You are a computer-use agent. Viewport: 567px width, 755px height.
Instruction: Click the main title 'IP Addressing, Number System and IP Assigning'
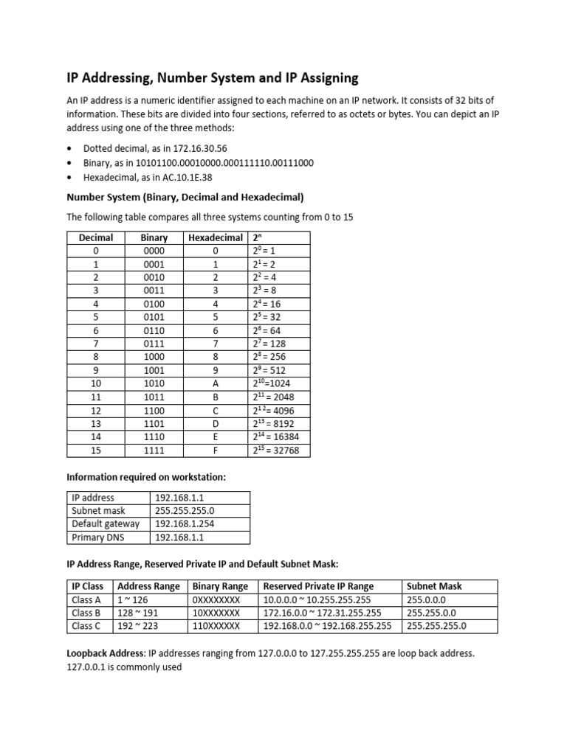coord(213,77)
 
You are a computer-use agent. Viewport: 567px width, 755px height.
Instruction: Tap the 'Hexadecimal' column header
coord(216,237)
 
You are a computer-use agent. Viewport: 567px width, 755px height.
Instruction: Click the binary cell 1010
coord(154,383)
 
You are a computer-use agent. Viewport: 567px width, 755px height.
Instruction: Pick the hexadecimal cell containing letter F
coord(216,450)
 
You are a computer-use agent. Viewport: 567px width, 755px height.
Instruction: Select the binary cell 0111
coord(154,344)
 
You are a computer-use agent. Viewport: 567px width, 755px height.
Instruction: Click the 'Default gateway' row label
coord(106,524)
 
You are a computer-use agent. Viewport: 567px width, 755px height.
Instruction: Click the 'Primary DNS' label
coord(98,537)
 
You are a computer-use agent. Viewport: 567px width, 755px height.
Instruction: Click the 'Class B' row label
coord(87,613)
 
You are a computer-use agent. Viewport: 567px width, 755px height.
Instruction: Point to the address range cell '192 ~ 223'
coord(139,626)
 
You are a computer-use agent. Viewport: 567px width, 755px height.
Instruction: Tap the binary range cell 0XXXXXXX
coord(216,599)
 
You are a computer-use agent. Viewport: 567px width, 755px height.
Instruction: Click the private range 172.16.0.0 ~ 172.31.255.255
coord(323,613)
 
